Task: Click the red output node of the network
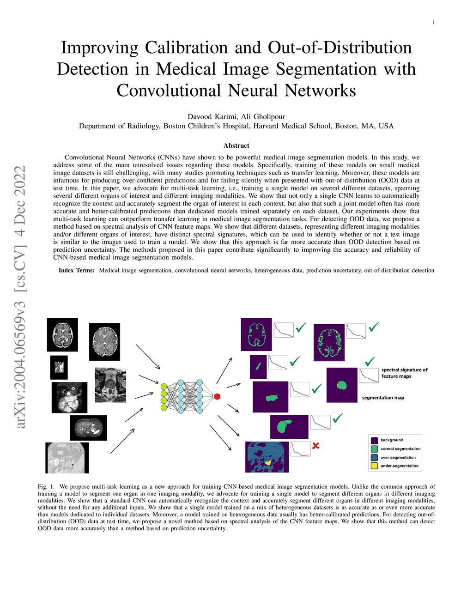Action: (x=217, y=396)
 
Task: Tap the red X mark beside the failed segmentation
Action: (x=316, y=446)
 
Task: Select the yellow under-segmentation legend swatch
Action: (x=375, y=466)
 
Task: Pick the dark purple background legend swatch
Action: (x=375, y=440)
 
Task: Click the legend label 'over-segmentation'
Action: (x=398, y=457)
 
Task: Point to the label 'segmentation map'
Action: (x=383, y=398)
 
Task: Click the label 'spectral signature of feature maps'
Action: (x=404, y=373)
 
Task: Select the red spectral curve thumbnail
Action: (x=300, y=449)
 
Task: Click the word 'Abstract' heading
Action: (x=236, y=145)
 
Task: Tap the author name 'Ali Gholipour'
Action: (x=263, y=116)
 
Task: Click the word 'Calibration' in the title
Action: (x=186, y=48)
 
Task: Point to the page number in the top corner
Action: (x=433, y=23)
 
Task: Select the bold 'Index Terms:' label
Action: (x=76, y=270)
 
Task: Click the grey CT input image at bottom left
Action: (x=67, y=458)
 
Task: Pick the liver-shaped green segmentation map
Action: (x=289, y=426)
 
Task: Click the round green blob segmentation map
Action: (x=342, y=385)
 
